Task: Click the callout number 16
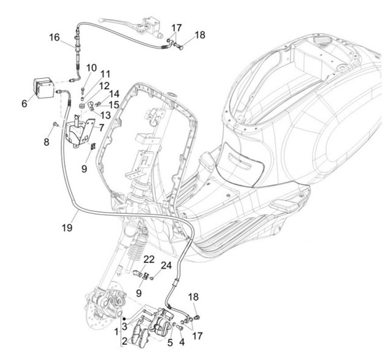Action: click(54, 37)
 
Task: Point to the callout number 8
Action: click(46, 142)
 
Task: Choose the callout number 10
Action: click(91, 68)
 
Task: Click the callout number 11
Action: click(104, 75)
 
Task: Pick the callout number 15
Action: click(114, 104)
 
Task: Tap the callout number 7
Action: click(101, 128)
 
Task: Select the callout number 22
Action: click(149, 259)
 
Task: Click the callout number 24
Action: click(166, 265)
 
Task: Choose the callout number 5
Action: click(170, 343)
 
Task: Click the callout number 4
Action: click(181, 343)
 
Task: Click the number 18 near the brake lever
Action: click(199, 36)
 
